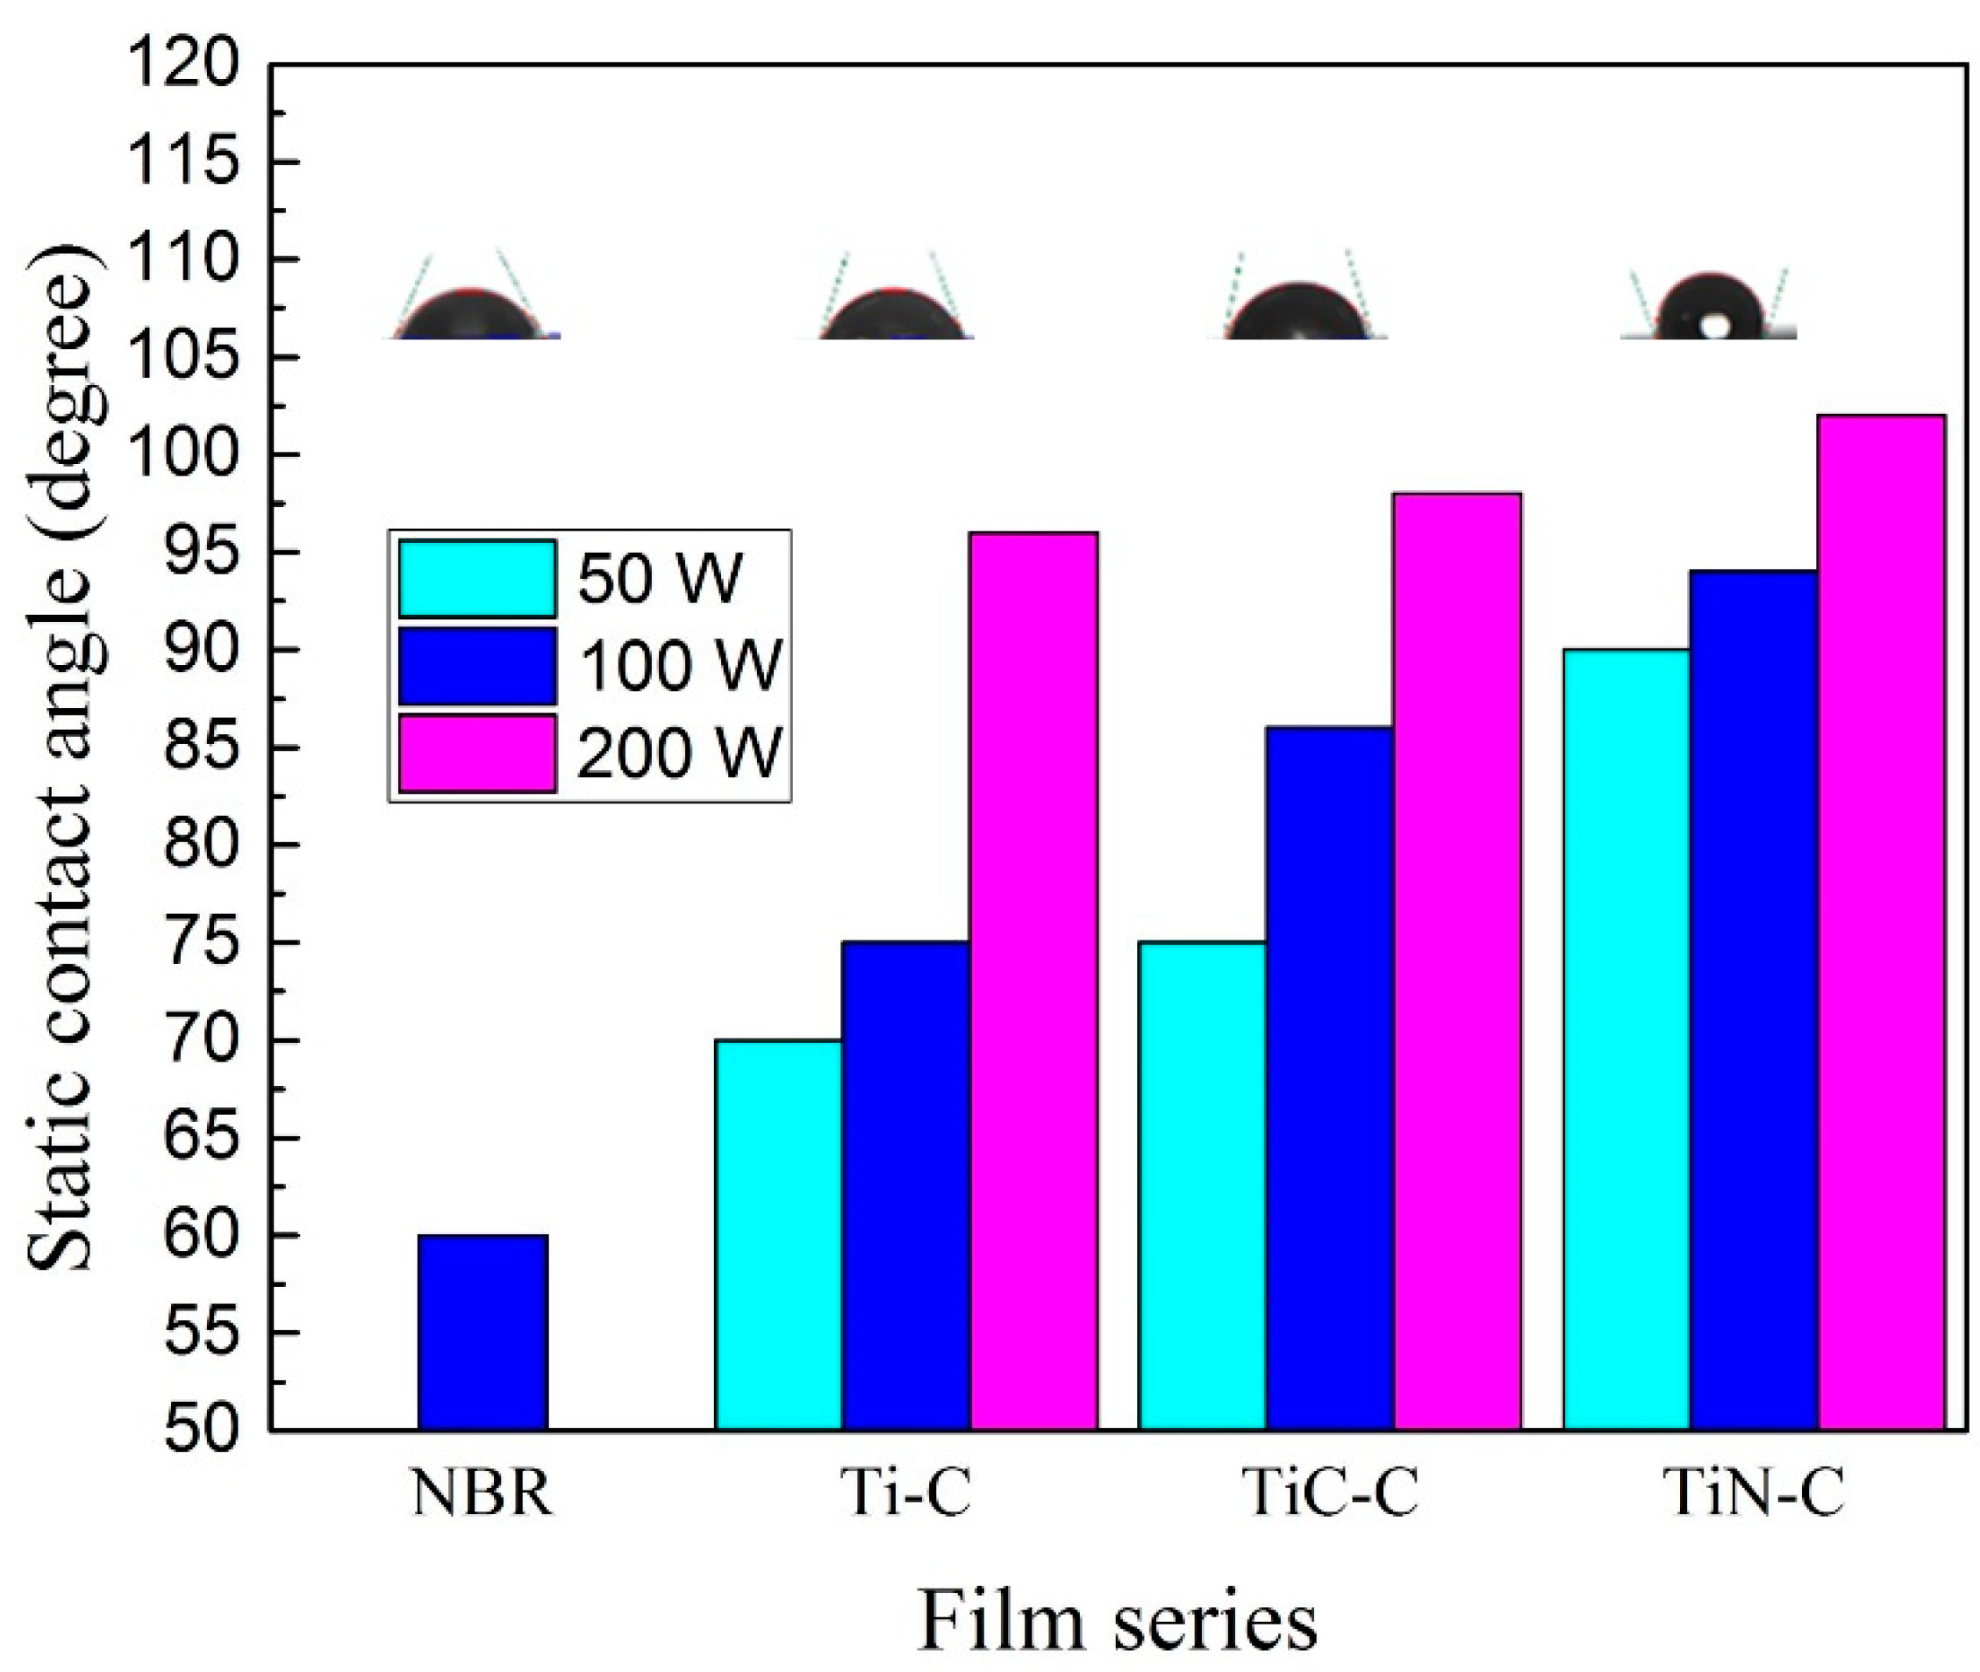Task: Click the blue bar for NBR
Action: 482,1331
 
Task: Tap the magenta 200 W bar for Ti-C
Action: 1034,980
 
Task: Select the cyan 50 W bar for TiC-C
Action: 1202,1185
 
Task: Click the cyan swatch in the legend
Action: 476,578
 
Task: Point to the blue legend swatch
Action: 476,666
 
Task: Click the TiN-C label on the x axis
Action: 1755,1494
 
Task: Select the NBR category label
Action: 482,1494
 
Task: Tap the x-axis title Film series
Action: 1119,1621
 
